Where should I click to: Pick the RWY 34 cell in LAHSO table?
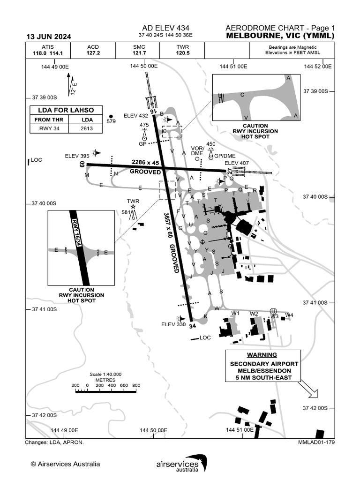pyautogui.click(x=49, y=128)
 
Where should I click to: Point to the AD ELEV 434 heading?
pyautogui.click(x=166, y=28)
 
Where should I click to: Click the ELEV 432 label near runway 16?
pyautogui.click(x=135, y=116)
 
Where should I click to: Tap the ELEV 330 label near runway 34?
pyautogui.click(x=174, y=324)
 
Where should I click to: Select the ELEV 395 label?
pyautogui.click(x=77, y=156)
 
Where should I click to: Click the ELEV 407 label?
pyautogui.click(x=236, y=163)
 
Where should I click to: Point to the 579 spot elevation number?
pyautogui.click(x=111, y=122)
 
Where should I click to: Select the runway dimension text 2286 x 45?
pyautogui.click(x=145, y=162)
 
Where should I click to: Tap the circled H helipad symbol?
pyautogui.click(x=274, y=311)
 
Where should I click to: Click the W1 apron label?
pyautogui.click(x=235, y=313)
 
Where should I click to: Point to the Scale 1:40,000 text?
pyautogui.click(x=105, y=374)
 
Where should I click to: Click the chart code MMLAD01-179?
pyautogui.click(x=316, y=442)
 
